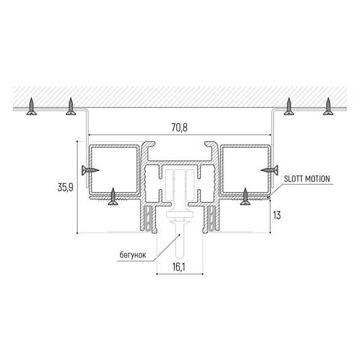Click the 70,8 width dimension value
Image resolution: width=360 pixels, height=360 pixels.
point(179,128)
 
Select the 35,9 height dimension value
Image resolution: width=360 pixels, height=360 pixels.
point(66,188)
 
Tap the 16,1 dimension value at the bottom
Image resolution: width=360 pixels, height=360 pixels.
point(179,267)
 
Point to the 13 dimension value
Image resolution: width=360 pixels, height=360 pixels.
point(277,215)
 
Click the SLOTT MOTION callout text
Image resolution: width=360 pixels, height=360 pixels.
point(307,179)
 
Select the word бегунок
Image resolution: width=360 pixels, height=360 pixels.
point(133,255)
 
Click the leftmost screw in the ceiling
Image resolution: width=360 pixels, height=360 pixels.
point(32,106)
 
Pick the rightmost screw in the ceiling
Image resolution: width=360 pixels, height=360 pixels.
point(328,106)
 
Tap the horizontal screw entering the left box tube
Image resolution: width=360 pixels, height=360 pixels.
point(90,170)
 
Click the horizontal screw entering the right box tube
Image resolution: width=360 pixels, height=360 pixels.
point(269,170)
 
